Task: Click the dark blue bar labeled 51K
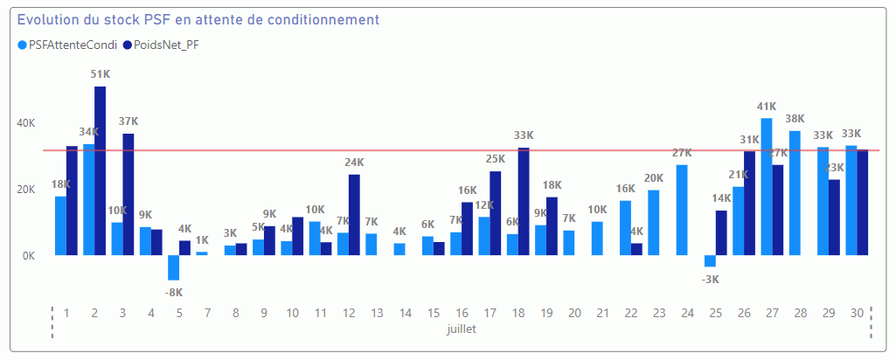point(101,170)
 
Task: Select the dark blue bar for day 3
point(128,194)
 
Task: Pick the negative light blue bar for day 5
point(173,267)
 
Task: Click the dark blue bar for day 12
point(354,214)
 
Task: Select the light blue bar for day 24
point(682,210)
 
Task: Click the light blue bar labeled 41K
point(767,186)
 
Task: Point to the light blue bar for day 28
point(795,193)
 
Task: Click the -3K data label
point(711,280)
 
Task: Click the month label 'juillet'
point(461,331)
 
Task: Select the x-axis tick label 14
point(405,313)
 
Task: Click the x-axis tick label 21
point(602,313)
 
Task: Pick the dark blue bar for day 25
point(721,232)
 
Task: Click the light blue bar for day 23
point(654,222)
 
